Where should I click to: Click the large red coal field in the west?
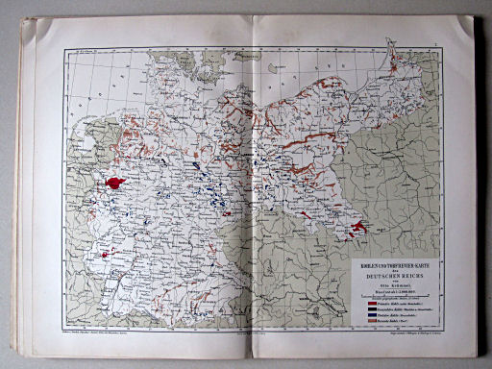pos(116,183)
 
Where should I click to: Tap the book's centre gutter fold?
pos(252,192)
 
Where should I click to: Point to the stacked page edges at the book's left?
pos(28,192)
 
